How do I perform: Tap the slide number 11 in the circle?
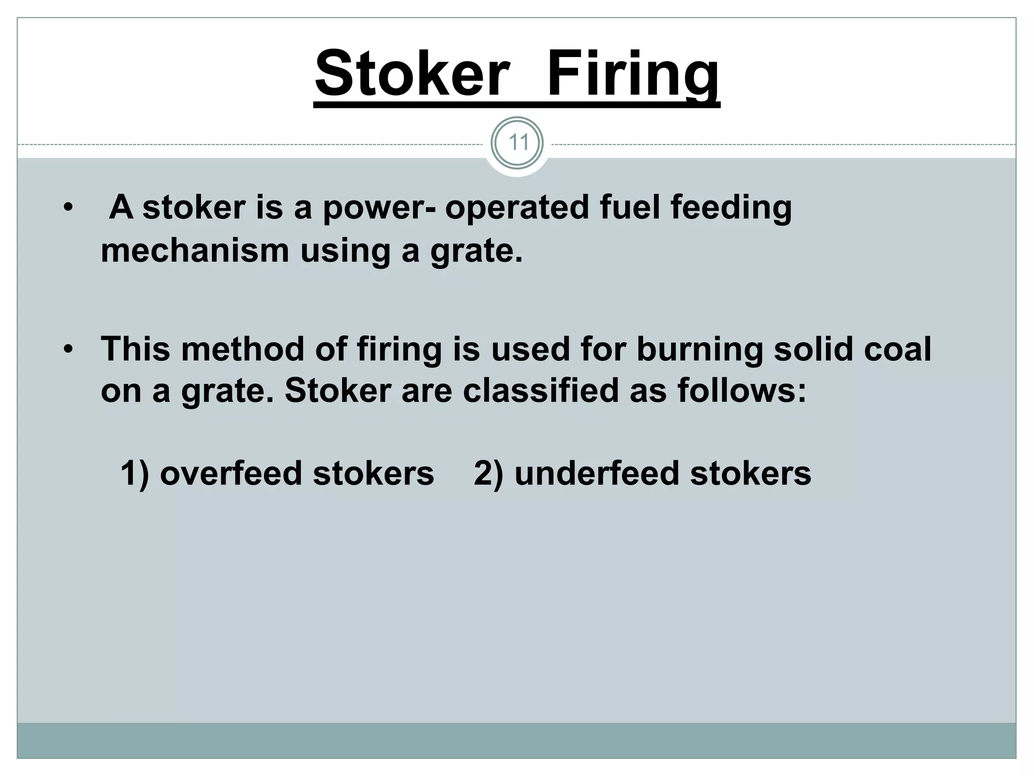pos(517,143)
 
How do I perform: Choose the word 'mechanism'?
pos(195,251)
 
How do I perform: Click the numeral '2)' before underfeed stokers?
pos(488,474)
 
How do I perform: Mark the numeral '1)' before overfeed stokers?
pos(135,474)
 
